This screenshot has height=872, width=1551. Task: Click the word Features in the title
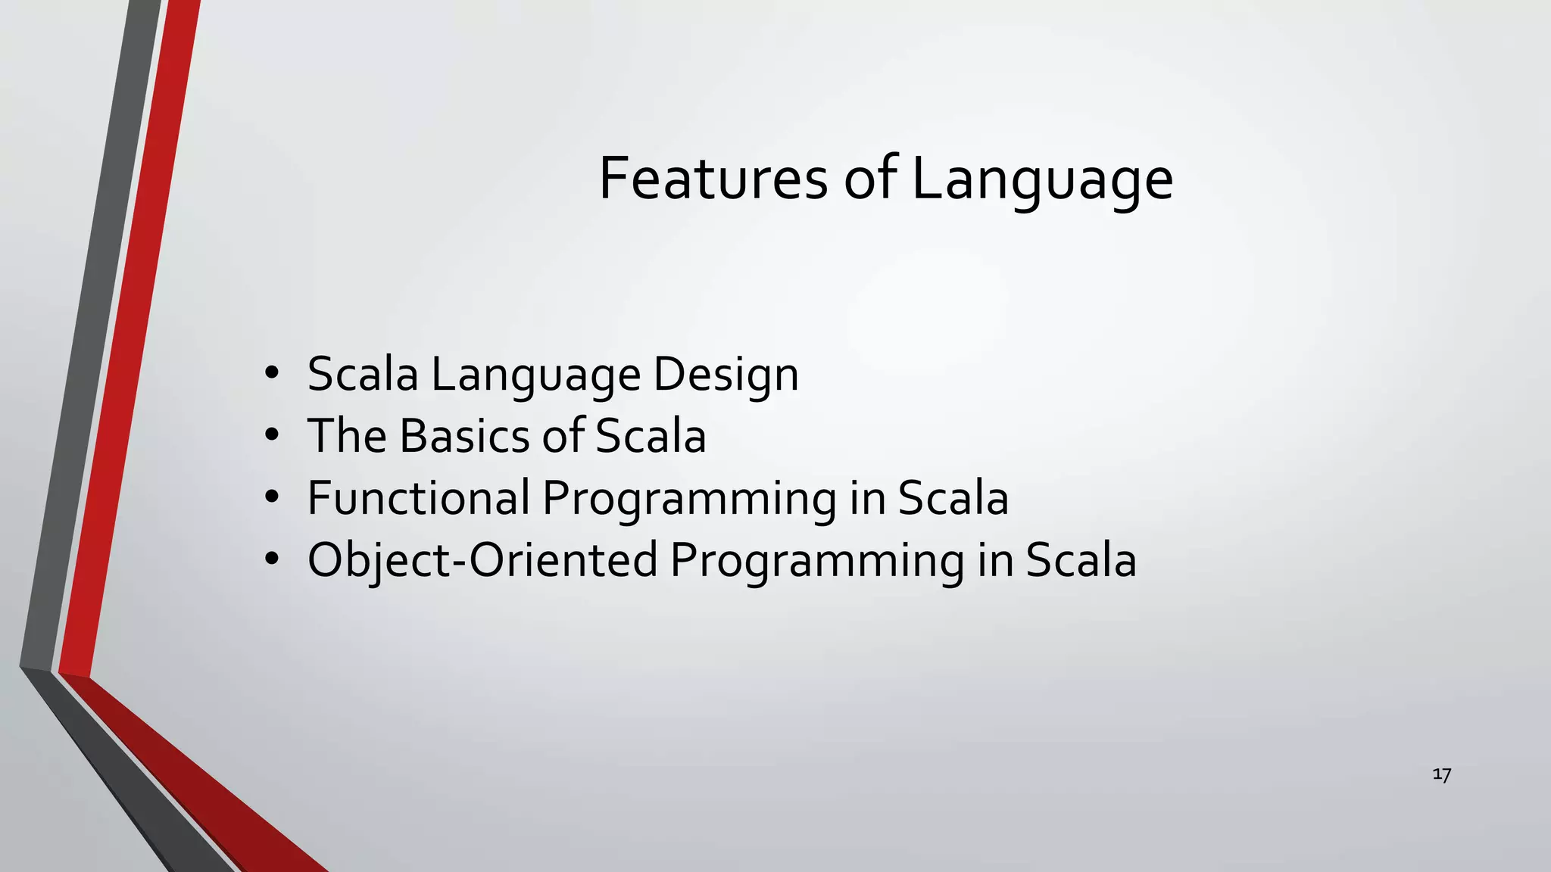[713, 179]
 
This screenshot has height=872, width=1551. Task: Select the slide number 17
[1441, 774]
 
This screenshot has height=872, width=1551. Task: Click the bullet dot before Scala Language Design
[272, 374]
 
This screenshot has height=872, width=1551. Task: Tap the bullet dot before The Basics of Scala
[272, 436]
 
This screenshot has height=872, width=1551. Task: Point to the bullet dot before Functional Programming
[272, 498]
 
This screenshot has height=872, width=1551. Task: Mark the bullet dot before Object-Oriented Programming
[272, 560]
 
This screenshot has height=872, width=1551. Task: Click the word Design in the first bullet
[726, 374]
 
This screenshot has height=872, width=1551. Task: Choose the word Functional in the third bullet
[418, 498]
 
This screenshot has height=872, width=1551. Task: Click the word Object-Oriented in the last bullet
[482, 560]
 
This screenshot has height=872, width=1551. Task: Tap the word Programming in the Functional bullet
[688, 498]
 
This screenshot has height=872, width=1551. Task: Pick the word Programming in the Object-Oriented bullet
[816, 560]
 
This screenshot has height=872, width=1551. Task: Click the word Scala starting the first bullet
[363, 374]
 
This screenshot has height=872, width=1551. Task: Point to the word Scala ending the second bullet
[651, 436]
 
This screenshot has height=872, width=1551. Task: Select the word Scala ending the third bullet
[953, 498]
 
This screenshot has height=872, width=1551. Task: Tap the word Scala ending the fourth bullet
[1081, 560]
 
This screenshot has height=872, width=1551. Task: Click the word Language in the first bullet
[535, 374]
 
